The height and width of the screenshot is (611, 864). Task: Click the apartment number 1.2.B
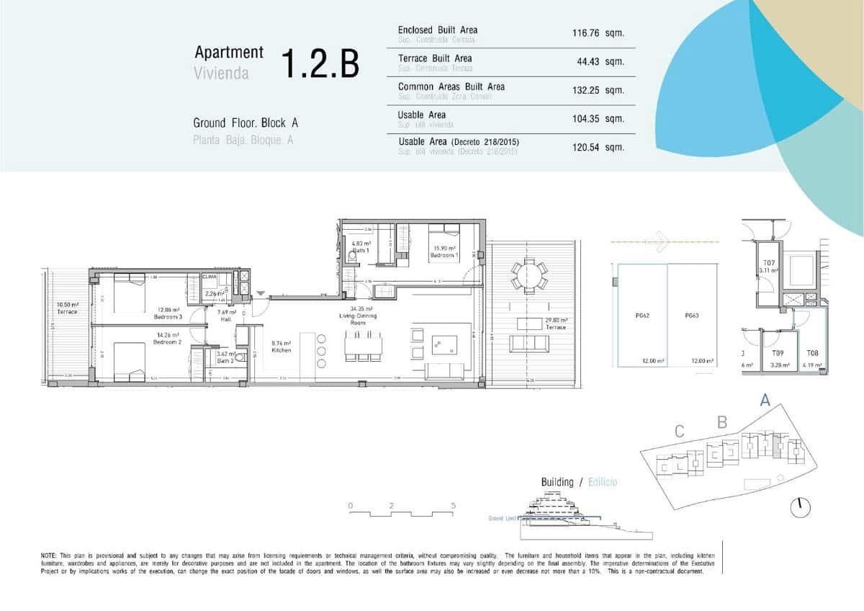coord(319,63)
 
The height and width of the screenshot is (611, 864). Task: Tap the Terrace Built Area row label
coord(435,58)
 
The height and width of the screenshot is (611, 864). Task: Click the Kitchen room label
coord(281,350)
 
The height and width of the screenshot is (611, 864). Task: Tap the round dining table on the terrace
coord(529,275)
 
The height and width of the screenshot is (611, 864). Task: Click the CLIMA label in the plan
coord(210,277)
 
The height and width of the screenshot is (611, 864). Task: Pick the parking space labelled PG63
coord(692,316)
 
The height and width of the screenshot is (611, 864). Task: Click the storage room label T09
coord(778,354)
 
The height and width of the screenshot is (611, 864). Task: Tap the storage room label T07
coord(768,263)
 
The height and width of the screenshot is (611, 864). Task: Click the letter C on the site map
coord(679,432)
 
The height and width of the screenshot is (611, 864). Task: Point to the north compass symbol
coord(800,507)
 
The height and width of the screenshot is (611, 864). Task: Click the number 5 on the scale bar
coord(453,506)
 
